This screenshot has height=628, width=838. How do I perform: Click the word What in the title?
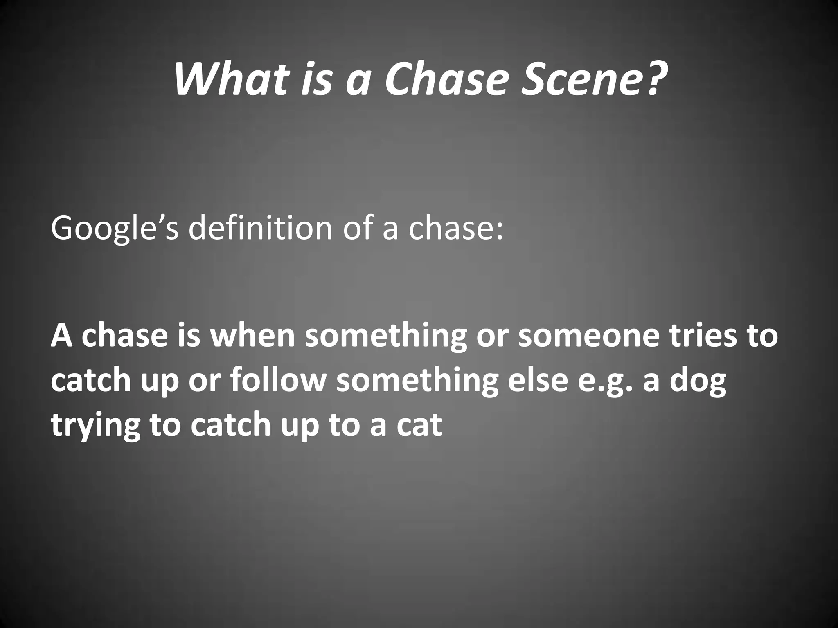[230, 78]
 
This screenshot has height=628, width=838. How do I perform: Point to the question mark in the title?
[649, 78]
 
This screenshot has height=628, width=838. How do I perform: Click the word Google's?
[115, 229]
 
